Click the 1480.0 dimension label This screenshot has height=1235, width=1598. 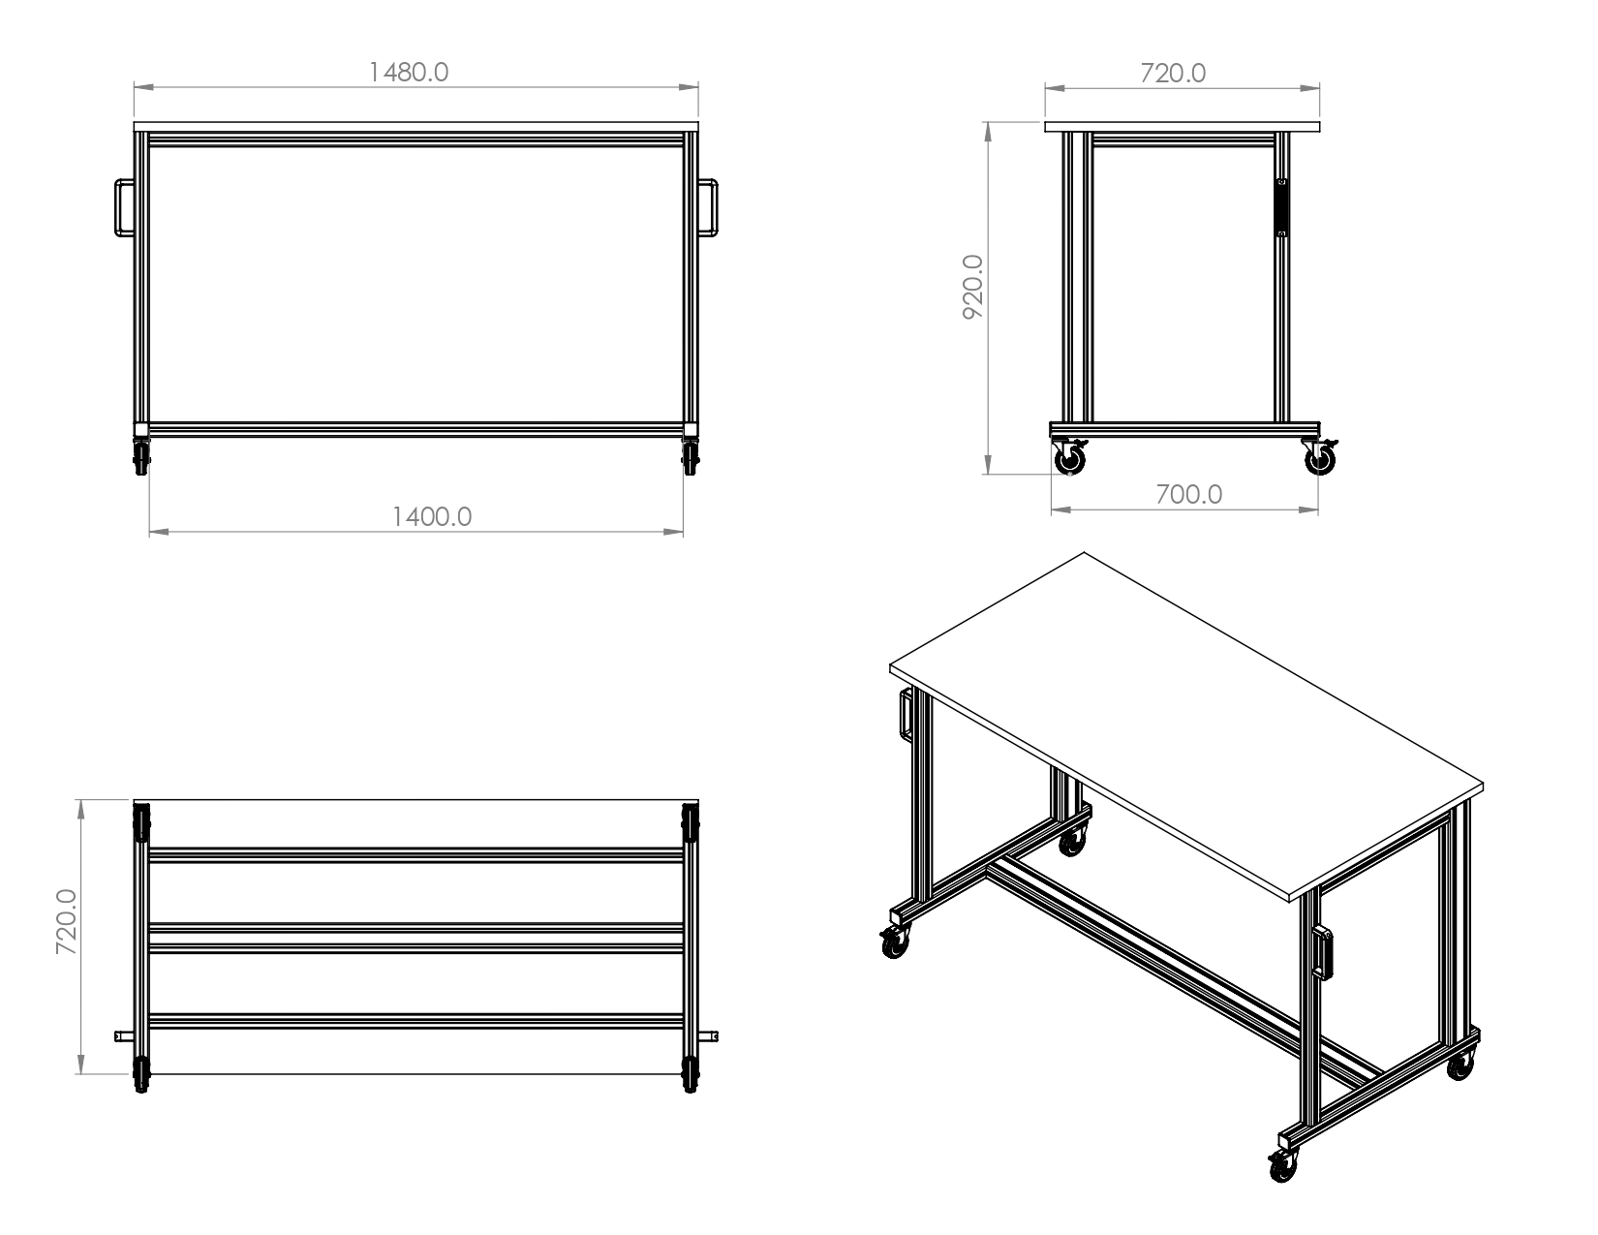(x=408, y=72)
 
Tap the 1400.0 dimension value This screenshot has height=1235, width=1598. (x=432, y=517)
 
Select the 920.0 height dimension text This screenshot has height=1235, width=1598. (x=973, y=287)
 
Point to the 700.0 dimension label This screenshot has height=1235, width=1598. (x=1188, y=494)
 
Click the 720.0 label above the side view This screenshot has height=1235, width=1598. (x=1173, y=73)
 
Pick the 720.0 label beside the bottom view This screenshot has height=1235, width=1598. (x=67, y=922)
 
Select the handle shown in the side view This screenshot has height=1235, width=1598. (x=1281, y=207)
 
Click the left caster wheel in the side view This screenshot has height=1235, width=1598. (x=1069, y=461)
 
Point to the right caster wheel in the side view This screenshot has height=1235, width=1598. (x=1320, y=461)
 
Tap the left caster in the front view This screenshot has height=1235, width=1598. (x=141, y=457)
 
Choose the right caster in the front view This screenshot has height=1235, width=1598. (x=690, y=457)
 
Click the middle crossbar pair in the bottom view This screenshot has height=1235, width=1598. (x=416, y=939)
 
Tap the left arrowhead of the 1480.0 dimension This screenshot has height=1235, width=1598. (x=143, y=87)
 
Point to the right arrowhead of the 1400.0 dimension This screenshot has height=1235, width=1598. (x=674, y=532)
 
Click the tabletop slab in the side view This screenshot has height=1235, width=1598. (x=1183, y=127)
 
